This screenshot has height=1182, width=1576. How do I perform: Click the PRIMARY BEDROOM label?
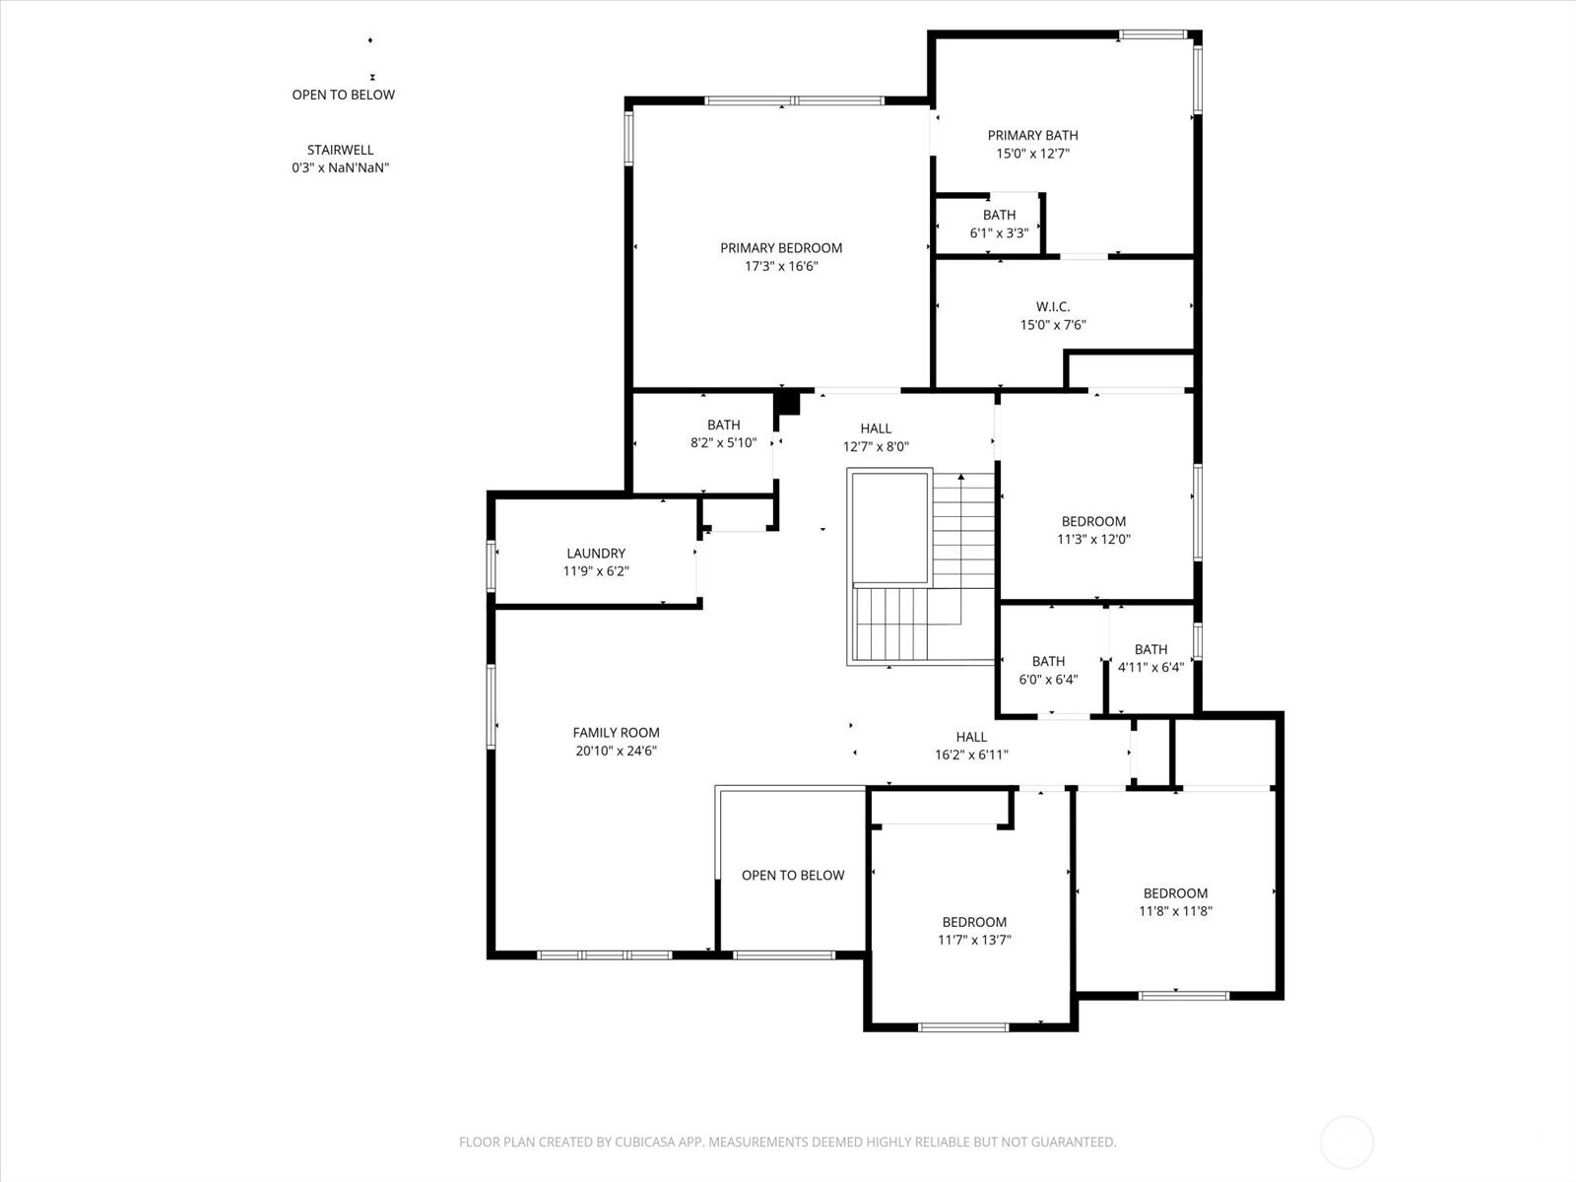pos(781,248)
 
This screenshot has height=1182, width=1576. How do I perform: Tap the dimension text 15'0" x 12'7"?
pos(1032,154)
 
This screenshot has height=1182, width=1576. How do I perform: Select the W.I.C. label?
pos(1053,307)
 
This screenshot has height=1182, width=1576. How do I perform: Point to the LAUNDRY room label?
pos(596,554)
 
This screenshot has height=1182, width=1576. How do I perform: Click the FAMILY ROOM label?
pos(616,733)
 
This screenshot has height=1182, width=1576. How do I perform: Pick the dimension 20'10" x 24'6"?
pos(616,752)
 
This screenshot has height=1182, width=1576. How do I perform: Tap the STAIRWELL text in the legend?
pos(341,150)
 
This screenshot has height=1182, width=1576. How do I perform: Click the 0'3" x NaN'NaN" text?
pos(341,167)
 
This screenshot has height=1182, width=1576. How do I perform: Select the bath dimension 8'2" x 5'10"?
pos(724,443)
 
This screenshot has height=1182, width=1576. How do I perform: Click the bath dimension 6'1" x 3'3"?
pos(1000,233)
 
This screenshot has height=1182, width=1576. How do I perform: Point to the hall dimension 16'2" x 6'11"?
pos(971,755)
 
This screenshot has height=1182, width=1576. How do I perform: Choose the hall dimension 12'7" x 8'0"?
pos(876,447)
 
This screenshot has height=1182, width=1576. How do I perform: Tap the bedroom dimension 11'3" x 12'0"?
pos(1093,540)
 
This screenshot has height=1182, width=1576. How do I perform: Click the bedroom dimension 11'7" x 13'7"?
pos(974,940)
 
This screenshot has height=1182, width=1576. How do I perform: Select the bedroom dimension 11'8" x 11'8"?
pos(1175,911)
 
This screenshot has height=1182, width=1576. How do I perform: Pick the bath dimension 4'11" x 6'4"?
pos(1150,668)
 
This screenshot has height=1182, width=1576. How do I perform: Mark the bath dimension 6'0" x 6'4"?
pos(1048,680)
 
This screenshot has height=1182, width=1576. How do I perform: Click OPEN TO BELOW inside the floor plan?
pos(793,876)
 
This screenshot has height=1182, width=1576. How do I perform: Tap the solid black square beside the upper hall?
pos(789,402)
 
